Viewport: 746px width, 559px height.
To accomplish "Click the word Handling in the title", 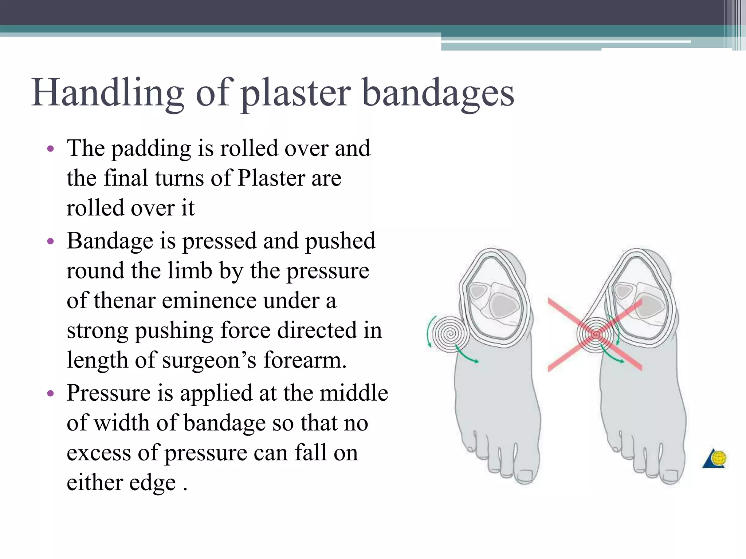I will pos(108,93).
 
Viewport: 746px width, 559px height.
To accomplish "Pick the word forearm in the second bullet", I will pos(304,360).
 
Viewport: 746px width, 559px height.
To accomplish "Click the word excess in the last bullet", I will pos(99,453).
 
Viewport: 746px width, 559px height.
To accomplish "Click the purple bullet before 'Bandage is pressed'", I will pos(51,241).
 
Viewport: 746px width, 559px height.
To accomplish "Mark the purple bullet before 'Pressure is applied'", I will pos(51,393).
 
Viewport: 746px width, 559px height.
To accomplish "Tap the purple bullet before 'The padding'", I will pos(51,148).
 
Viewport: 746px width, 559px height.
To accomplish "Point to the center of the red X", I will pos(595,334).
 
